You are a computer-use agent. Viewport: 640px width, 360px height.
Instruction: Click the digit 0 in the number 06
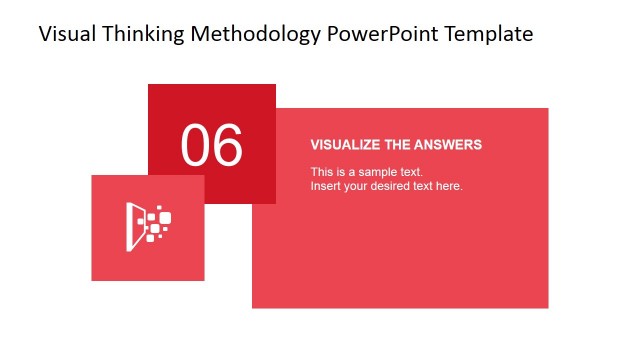point(196,145)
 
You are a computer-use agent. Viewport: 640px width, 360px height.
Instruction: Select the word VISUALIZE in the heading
point(346,145)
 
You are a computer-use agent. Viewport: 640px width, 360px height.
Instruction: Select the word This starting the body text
point(321,172)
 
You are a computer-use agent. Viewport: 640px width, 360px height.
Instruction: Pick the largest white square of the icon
point(165,217)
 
